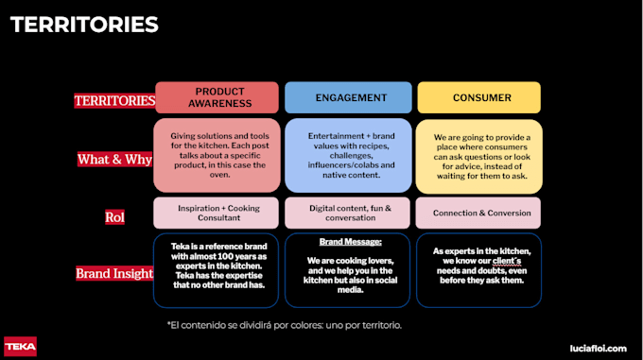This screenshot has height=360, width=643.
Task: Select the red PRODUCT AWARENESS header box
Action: tap(217, 97)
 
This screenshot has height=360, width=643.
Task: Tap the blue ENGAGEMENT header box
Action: tap(348, 97)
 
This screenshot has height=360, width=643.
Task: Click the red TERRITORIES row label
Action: tap(114, 100)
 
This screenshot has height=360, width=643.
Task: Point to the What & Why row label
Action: tap(114, 159)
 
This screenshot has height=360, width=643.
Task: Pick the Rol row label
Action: tap(114, 216)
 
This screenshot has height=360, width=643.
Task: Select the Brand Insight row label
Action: tap(114, 274)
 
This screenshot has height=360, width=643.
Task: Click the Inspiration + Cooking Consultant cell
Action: tap(217, 213)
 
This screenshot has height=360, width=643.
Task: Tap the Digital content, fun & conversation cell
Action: tap(348, 213)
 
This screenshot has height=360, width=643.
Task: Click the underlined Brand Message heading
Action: tap(348, 242)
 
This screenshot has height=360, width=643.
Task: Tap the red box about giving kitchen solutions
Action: tap(217, 155)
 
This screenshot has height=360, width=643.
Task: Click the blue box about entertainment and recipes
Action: tap(348, 155)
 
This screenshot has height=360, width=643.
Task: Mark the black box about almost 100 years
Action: tap(217, 270)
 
